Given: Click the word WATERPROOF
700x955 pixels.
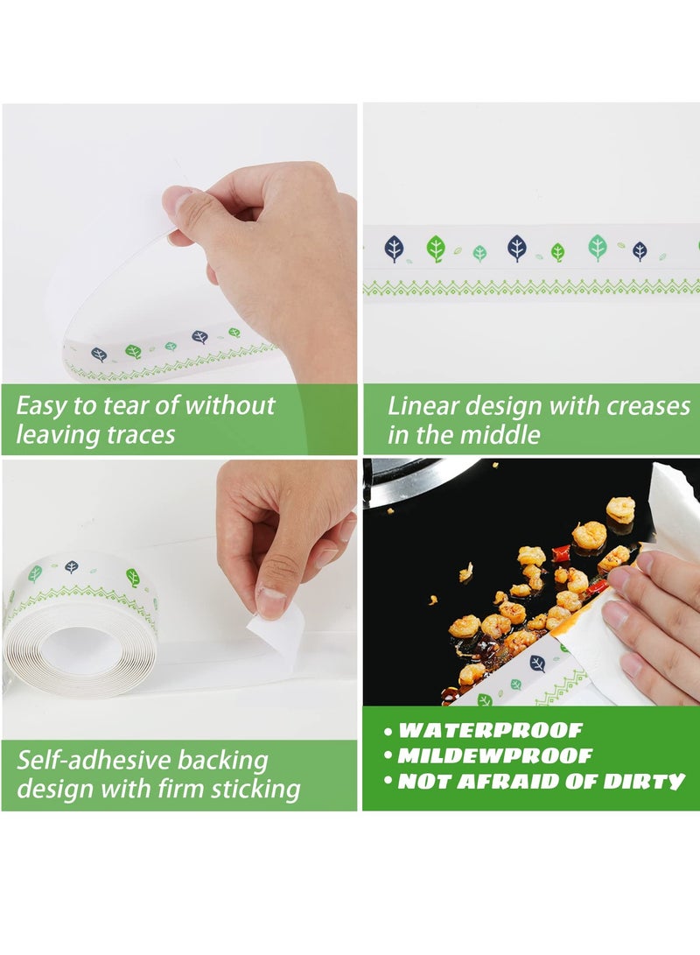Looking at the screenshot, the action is [490, 730].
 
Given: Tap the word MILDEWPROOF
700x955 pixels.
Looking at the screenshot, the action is [494, 755].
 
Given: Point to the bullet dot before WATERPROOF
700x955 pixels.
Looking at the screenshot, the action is [388, 732].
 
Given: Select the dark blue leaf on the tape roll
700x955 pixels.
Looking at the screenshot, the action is [71, 567].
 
